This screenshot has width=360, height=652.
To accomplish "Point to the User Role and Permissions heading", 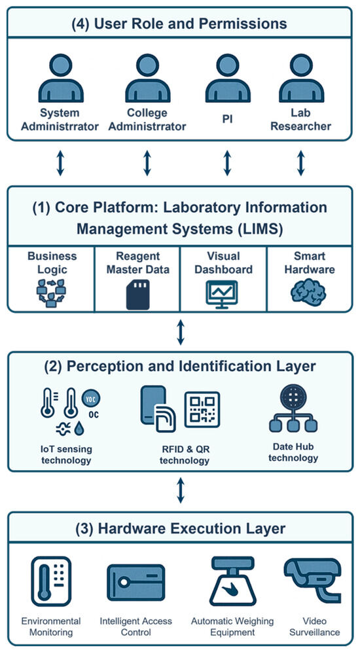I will point(180,24).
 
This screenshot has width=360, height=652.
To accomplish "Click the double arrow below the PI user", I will point(227,162).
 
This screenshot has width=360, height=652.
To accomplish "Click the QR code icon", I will point(202,410).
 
